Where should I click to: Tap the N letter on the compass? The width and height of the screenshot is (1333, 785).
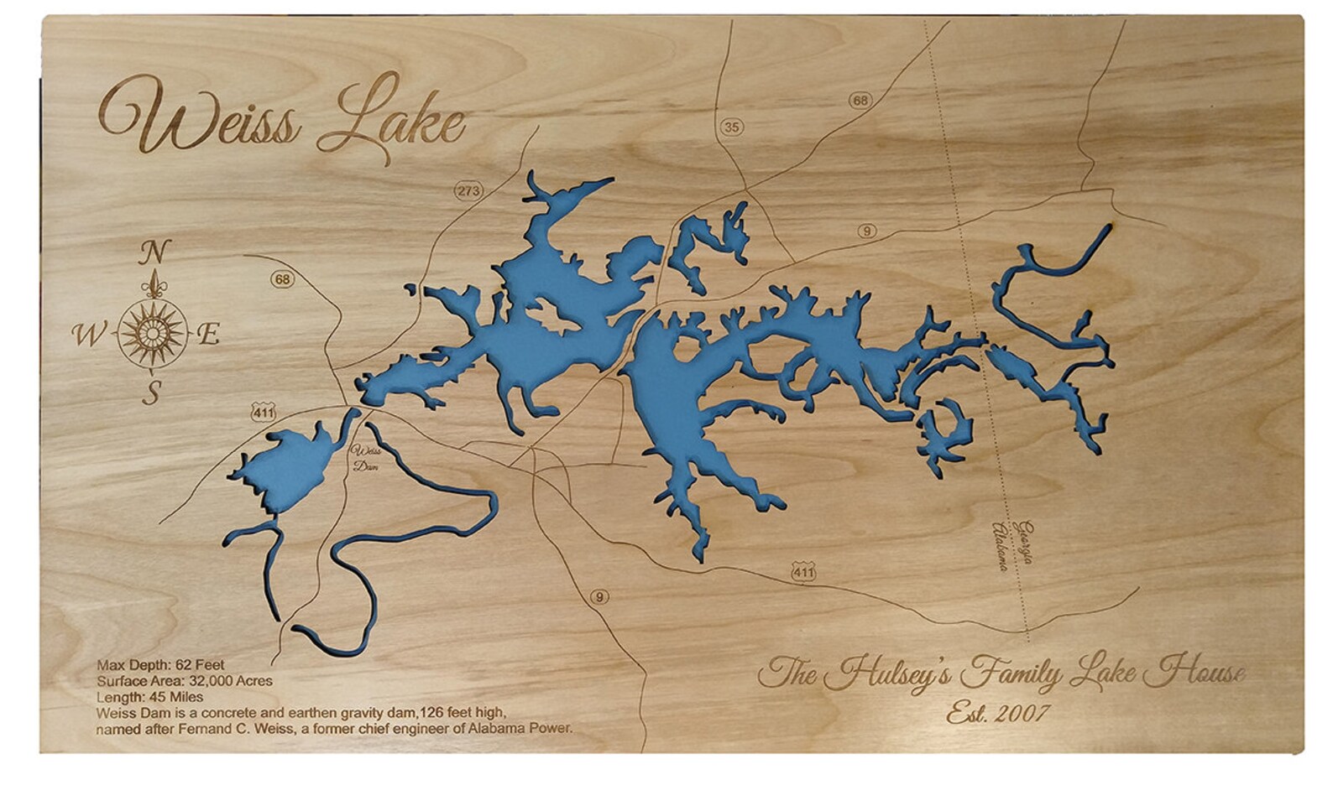(x=154, y=252)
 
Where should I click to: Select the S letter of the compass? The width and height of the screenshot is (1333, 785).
(x=151, y=392)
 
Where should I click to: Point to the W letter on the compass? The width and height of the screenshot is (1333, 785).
(x=86, y=335)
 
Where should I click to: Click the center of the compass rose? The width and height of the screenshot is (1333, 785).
(x=152, y=334)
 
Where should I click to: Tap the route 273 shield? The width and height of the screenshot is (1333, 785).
(x=468, y=190)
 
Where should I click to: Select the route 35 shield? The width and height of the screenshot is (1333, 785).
(x=732, y=127)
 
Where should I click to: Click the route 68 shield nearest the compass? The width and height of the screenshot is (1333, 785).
(x=283, y=278)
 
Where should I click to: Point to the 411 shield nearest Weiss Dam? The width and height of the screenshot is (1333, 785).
(x=263, y=412)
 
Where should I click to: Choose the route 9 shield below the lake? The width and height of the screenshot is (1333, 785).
(x=599, y=597)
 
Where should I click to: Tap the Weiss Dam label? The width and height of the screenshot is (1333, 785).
(x=366, y=457)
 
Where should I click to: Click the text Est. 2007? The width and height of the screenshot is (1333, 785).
(x=998, y=713)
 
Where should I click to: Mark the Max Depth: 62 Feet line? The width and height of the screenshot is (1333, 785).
(x=160, y=666)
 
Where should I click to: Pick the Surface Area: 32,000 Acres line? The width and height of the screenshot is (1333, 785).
(x=185, y=681)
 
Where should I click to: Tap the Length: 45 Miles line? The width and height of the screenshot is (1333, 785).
(x=149, y=696)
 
